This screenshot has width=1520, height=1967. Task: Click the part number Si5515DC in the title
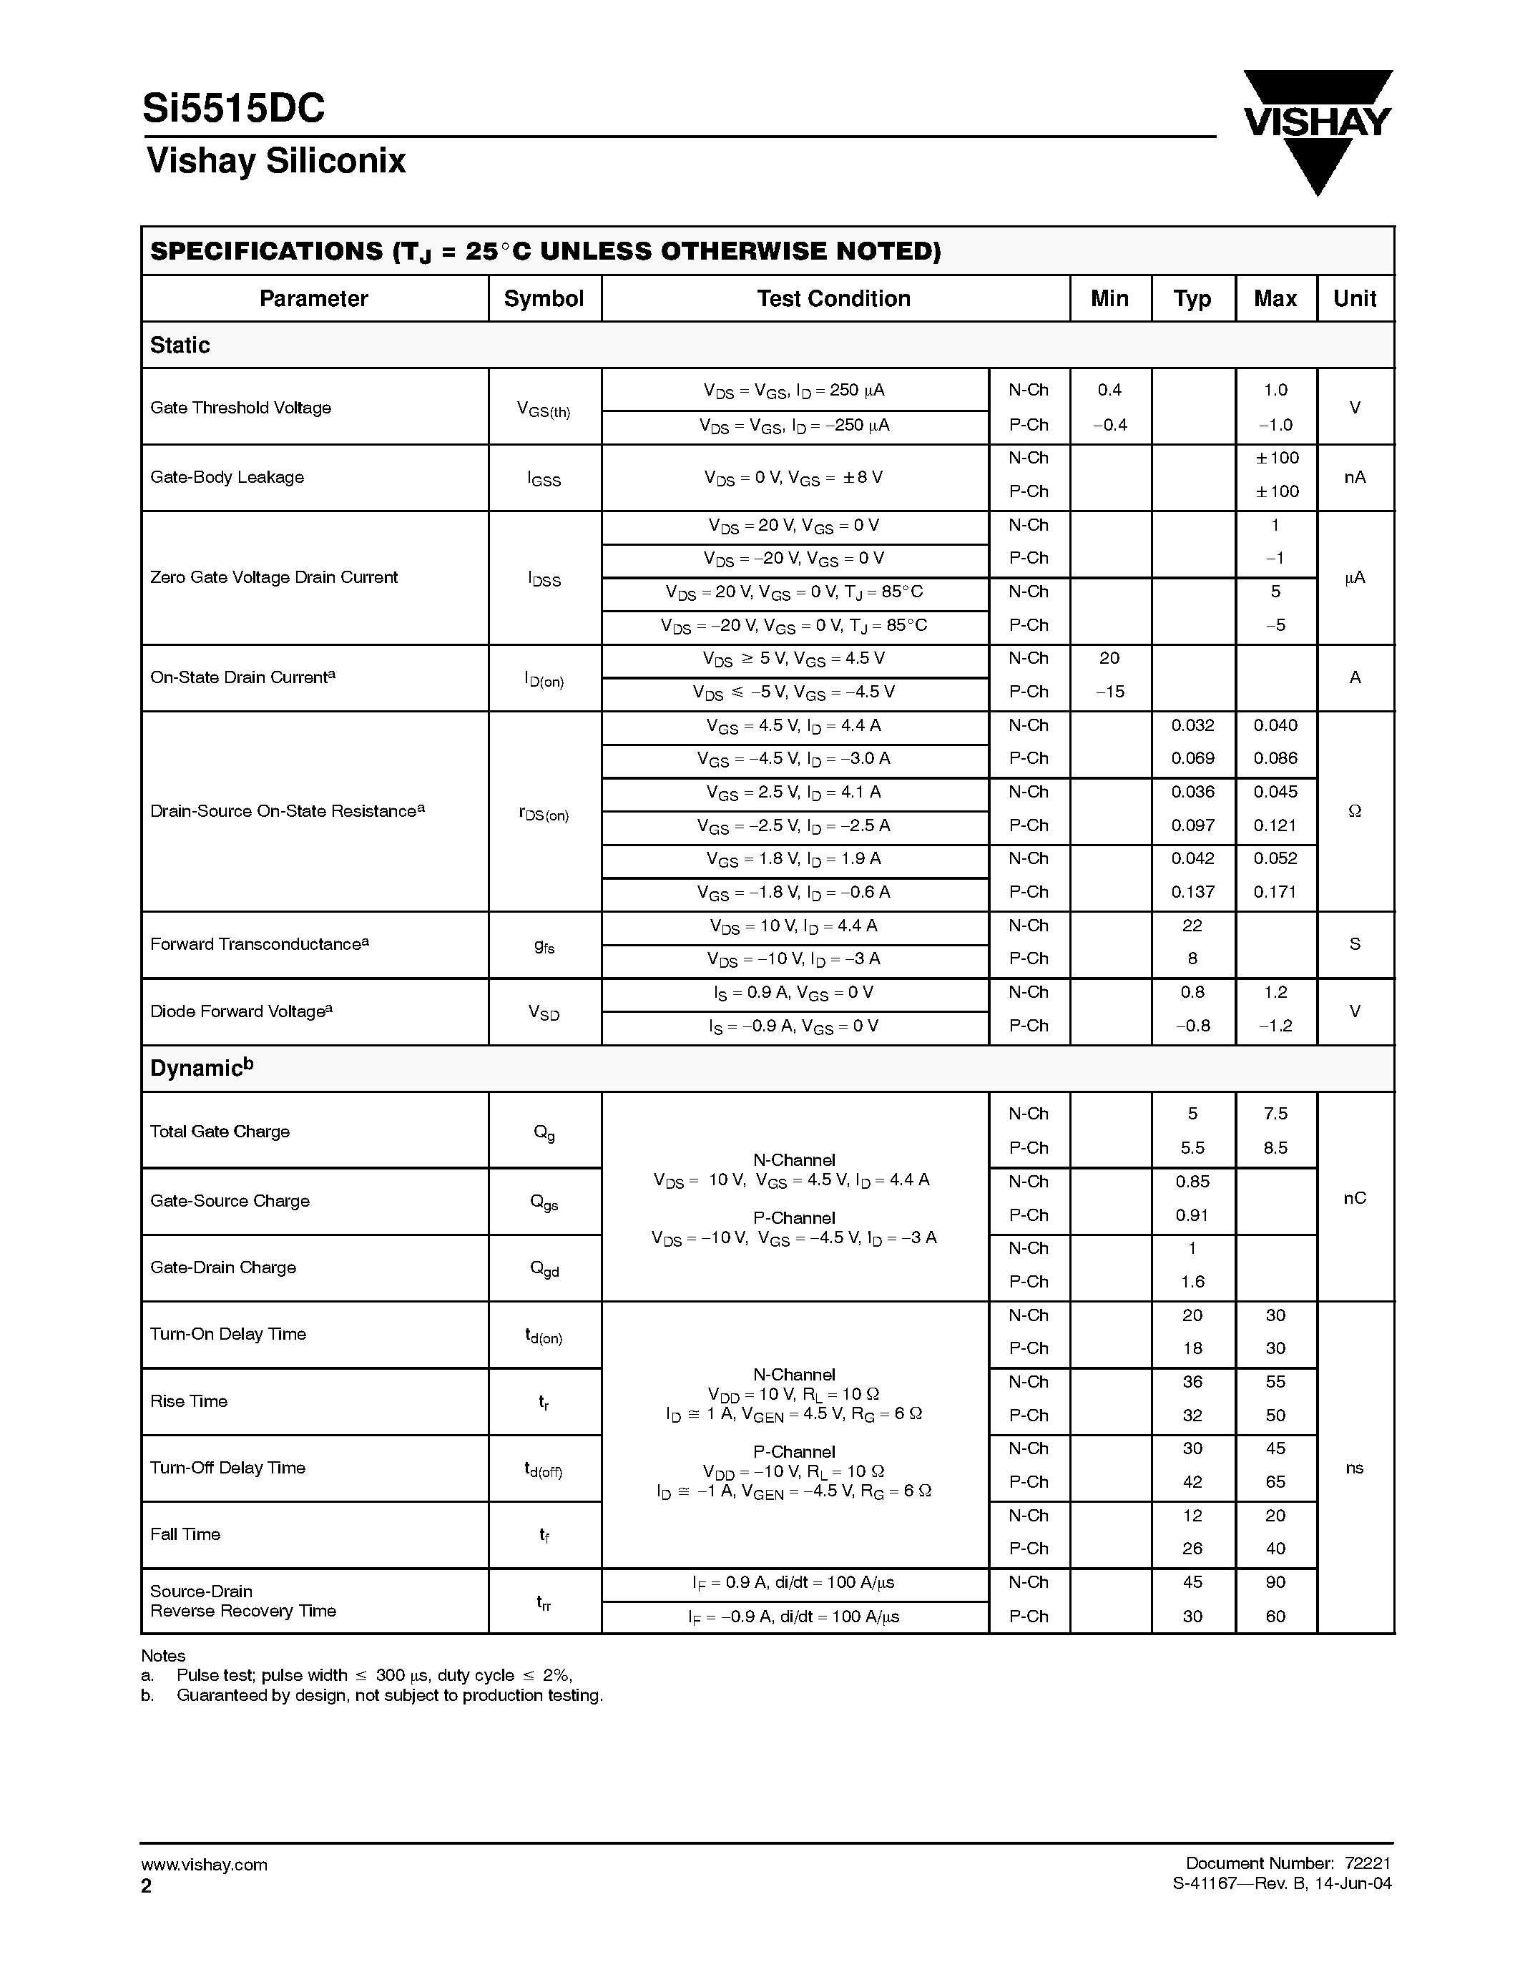click(233, 109)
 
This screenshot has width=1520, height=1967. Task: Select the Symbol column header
click(544, 299)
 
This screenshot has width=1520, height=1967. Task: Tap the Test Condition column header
click(834, 299)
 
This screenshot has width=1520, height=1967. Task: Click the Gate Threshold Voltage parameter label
click(240, 408)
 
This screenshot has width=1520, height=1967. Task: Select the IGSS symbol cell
click(544, 479)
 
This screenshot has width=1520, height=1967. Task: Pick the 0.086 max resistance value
click(1275, 758)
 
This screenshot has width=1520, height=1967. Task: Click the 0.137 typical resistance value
click(1192, 892)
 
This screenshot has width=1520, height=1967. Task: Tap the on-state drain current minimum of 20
click(1109, 658)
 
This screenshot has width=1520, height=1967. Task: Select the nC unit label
click(1354, 1198)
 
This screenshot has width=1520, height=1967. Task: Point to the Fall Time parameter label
click(185, 1535)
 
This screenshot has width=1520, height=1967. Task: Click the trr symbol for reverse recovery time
click(544, 1602)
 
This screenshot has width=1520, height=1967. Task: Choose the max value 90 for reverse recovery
click(1275, 1582)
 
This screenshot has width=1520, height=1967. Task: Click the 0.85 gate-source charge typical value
click(1192, 1182)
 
